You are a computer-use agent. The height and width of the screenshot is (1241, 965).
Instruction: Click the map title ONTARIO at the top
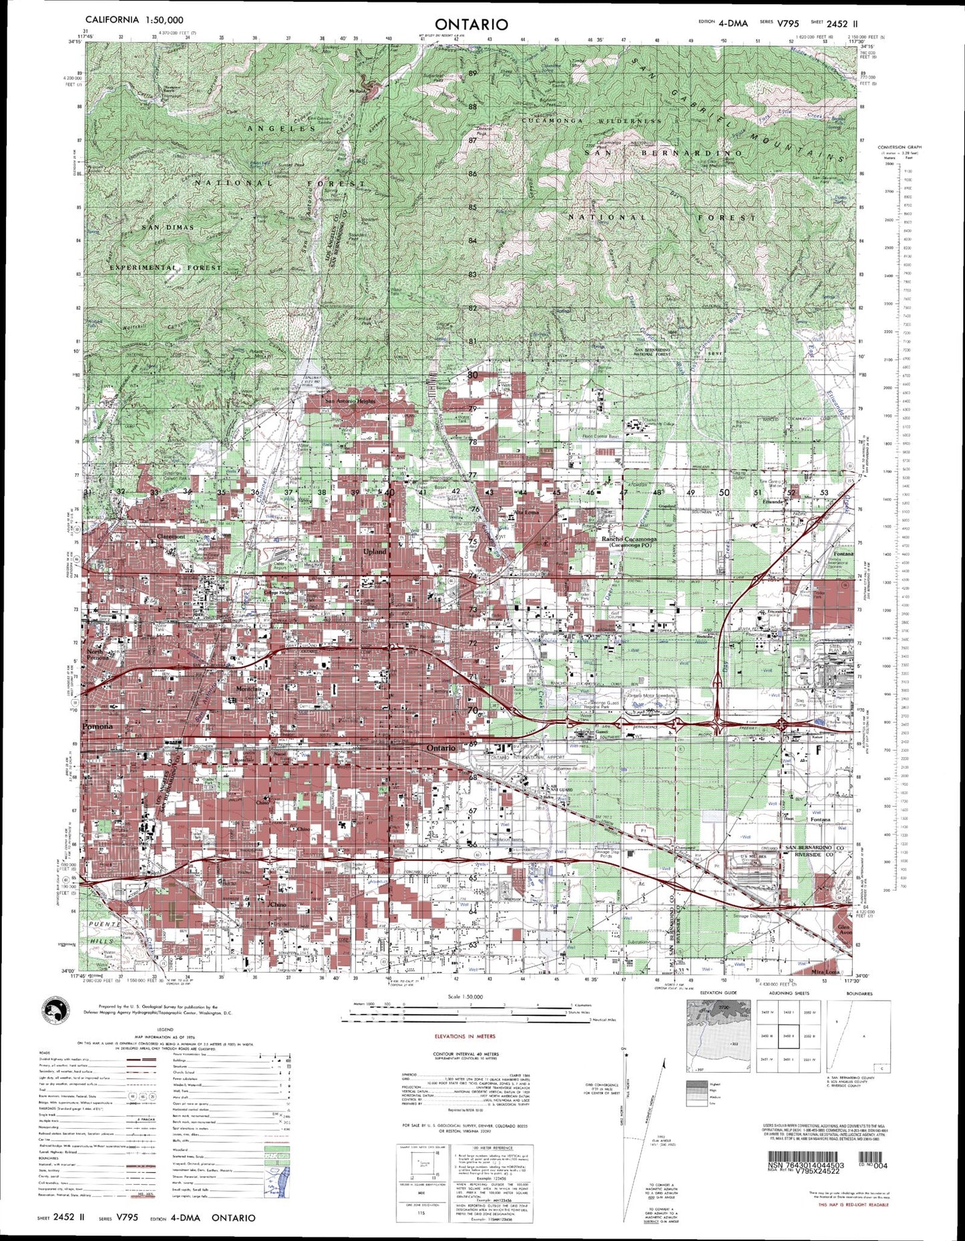pyautogui.click(x=471, y=24)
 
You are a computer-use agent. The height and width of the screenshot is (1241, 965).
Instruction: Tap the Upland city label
pyautogui.click(x=375, y=552)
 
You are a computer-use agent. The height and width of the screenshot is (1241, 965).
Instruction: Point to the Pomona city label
pyautogui.click(x=98, y=726)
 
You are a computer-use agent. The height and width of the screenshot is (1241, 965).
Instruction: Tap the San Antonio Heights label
pyautogui.click(x=350, y=401)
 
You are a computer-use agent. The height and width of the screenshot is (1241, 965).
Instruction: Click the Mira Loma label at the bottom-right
pyautogui.click(x=826, y=972)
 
